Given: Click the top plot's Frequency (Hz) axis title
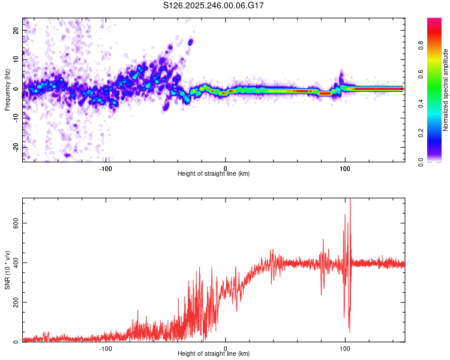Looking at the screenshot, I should click(x=7, y=90).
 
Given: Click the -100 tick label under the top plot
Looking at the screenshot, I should click(x=106, y=168).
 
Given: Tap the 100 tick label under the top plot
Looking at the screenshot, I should click(x=345, y=168).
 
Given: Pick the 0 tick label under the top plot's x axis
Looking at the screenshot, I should click(x=226, y=168).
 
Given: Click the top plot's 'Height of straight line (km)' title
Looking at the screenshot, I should click(x=214, y=174).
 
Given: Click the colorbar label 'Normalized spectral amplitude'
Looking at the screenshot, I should click(x=446, y=90).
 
